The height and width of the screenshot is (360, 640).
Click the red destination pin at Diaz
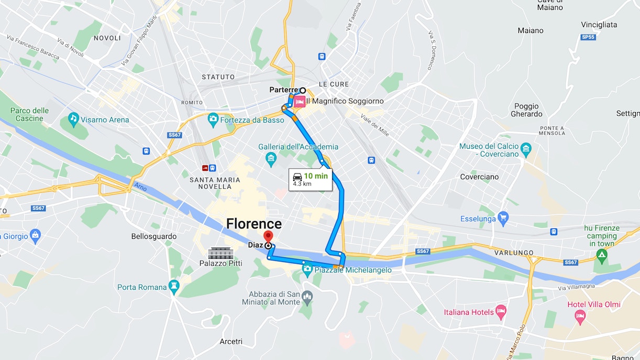(x=268, y=236)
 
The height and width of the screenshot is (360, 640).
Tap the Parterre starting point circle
(x=303, y=90)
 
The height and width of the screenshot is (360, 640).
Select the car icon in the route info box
(x=297, y=176)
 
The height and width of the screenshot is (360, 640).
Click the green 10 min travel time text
(x=316, y=176)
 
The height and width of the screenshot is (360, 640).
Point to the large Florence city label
(x=253, y=224)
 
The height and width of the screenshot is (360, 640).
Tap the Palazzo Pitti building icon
(x=220, y=253)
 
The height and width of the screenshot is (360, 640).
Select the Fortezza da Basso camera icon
(x=213, y=119)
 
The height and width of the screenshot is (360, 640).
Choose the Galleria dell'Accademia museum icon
(x=271, y=158)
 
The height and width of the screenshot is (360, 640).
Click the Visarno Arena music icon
(x=73, y=119)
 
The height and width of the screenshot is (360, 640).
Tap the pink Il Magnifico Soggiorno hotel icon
(x=299, y=101)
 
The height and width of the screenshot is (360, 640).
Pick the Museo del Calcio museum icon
(x=526, y=149)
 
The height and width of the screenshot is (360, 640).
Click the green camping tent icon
(x=602, y=255)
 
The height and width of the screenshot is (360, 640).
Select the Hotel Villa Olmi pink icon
(x=579, y=315)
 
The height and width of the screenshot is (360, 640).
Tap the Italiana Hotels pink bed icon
(x=501, y=312)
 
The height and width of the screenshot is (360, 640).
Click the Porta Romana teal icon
(x=174, y=287)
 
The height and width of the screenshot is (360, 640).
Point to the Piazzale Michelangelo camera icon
(x=307, y=269)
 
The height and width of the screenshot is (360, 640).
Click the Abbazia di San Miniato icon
(x=307, y=298)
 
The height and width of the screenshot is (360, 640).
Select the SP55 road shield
(x=588, y=37)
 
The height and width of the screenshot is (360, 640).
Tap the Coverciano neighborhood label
(x=479, y=177)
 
